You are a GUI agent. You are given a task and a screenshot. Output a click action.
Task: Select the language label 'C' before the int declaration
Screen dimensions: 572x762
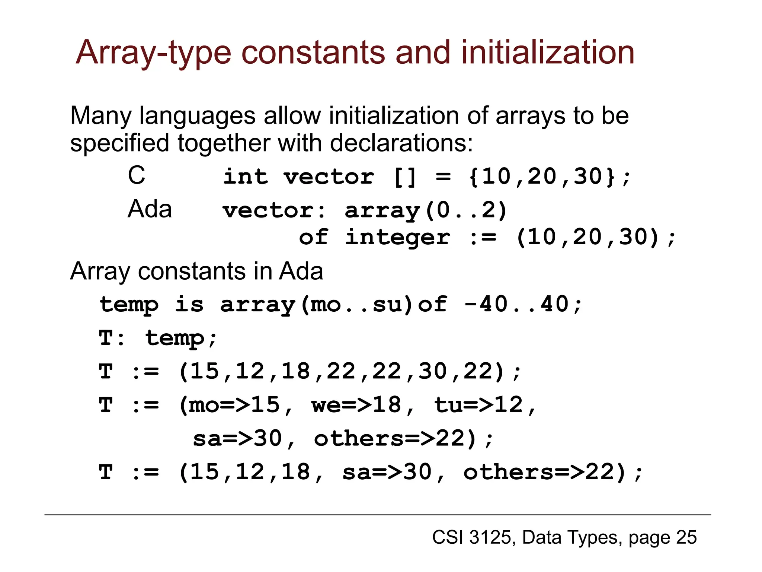click(x=136, y=175)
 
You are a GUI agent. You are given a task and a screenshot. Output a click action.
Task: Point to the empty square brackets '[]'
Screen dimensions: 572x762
click(x=404, y=177)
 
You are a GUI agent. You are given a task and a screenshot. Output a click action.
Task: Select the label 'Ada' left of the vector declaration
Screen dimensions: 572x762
click(x=150, y=209)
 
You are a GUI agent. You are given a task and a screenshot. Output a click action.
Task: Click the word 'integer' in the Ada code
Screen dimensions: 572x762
click(x=397, y=238)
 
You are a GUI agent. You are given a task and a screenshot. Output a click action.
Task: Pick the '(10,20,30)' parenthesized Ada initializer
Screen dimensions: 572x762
click(x=588, y=237)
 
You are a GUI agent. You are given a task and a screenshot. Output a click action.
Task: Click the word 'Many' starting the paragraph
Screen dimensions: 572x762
click(x=100, y=116)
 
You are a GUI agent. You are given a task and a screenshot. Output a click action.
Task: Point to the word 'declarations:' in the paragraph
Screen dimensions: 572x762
click(x=401, y=143)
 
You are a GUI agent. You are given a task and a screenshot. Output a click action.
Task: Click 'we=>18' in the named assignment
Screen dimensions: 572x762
click(x=356, y=405)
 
